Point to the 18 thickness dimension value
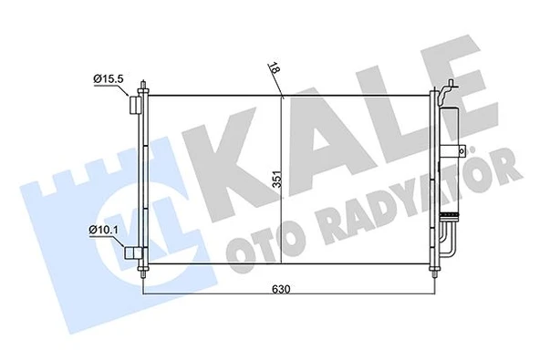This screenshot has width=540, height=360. tap(275, 67)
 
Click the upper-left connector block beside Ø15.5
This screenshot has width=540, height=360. tap(134, 105)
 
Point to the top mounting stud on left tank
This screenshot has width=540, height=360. tap(144, 88)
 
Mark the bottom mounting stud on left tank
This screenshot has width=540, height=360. tap(144, 273)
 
